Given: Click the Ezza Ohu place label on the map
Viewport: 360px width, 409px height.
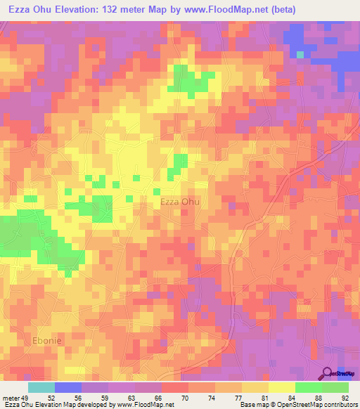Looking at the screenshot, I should [x=180, y=202].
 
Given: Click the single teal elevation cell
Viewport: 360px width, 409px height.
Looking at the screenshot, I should [x=300, y=54].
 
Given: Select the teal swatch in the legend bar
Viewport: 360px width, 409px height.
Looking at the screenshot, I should [x=41, y=387].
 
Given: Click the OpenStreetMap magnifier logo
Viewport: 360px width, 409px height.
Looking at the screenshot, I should [x=327, y=374].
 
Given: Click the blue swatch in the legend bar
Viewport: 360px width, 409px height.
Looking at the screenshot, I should [x=68, y=387].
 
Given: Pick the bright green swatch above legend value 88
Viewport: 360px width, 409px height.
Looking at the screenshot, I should [x=308, y=387].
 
